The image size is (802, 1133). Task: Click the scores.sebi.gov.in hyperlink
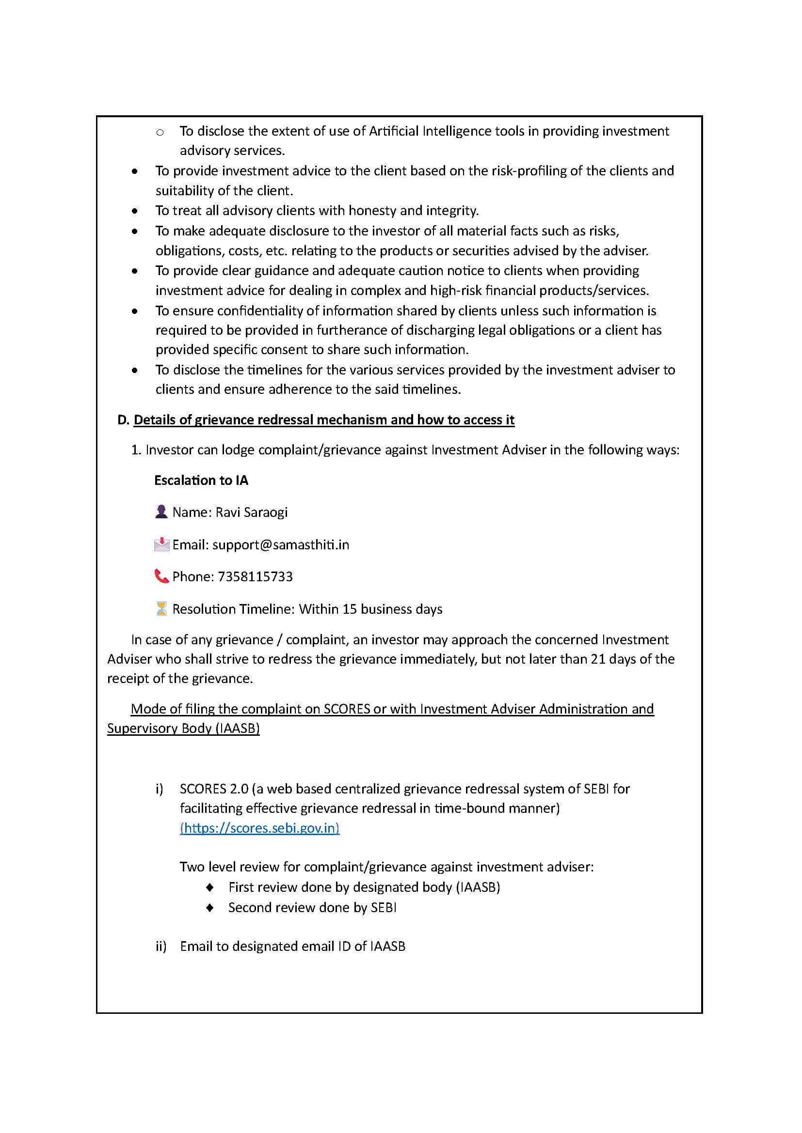point(259,827)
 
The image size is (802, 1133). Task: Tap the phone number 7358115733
point(255,576)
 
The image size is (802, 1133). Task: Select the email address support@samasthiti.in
point(280,544)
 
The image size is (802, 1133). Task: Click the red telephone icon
point(161,576)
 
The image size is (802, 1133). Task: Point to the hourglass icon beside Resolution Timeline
point(161,608)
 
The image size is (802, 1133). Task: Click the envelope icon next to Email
point(161,544)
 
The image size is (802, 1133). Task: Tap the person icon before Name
point(161,512)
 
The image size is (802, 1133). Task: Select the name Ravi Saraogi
point(251,512)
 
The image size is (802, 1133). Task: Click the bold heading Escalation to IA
point(201,480)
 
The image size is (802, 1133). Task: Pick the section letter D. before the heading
point(123,419)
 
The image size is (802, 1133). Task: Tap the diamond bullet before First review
point(210,887)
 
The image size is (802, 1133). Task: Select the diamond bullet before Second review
point(210,907)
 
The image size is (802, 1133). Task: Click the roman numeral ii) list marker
point(161,946)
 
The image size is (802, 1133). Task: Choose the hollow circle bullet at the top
point(160,132)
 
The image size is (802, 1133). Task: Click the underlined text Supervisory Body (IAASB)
point(183,728)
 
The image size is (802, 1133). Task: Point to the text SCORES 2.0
point(214,789)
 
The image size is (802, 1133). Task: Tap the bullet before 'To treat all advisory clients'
point(135,211)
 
